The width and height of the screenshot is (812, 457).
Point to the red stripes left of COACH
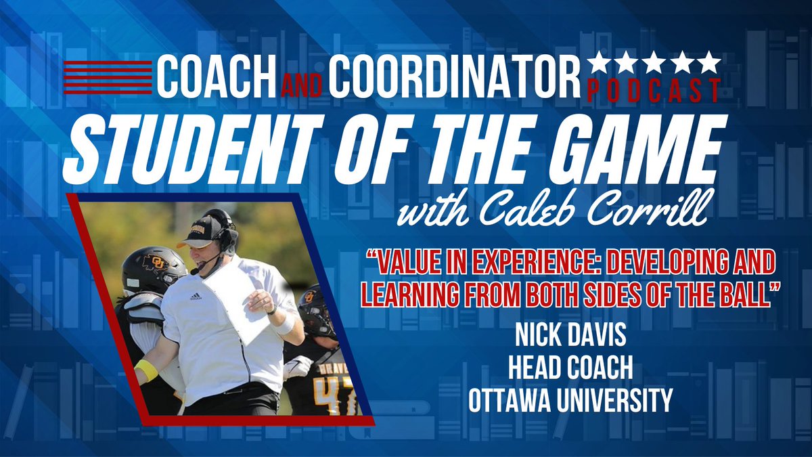coord(107,77)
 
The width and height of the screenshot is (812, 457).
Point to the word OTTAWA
coord(513,401)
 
